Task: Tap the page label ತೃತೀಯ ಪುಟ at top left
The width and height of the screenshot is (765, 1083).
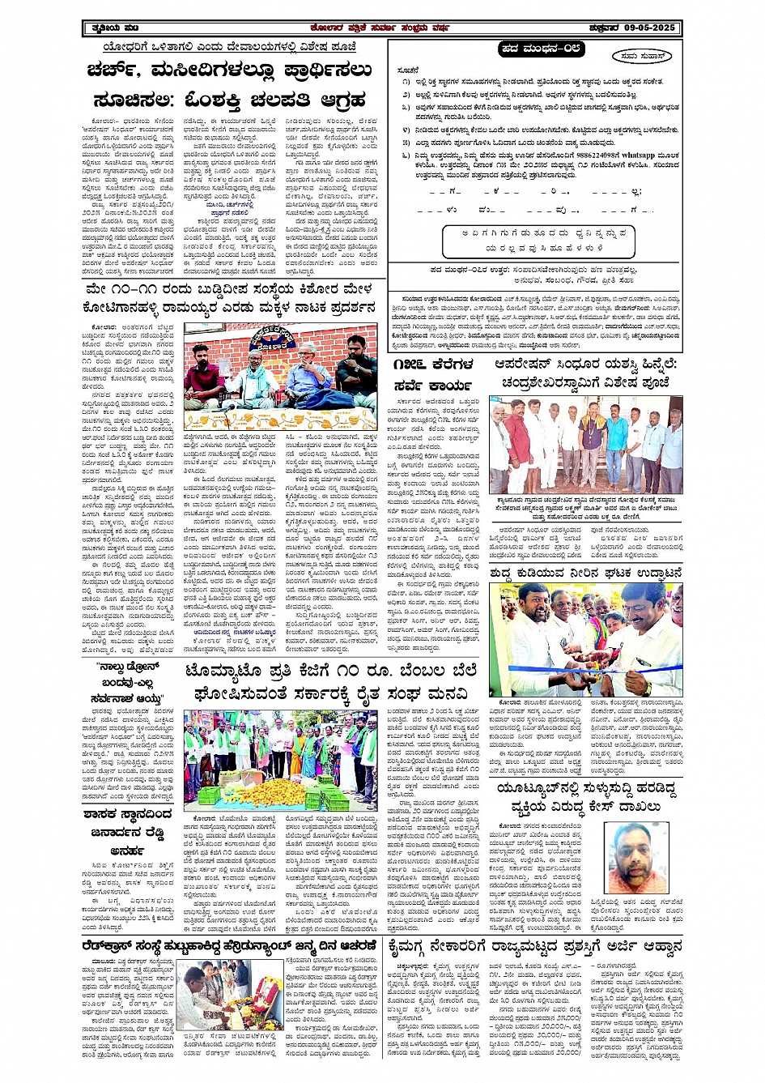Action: click(108, 28)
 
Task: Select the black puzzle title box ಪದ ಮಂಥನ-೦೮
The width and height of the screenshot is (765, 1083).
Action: click(541, 49)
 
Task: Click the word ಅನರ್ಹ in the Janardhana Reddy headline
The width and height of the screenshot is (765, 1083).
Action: click(128, 851)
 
